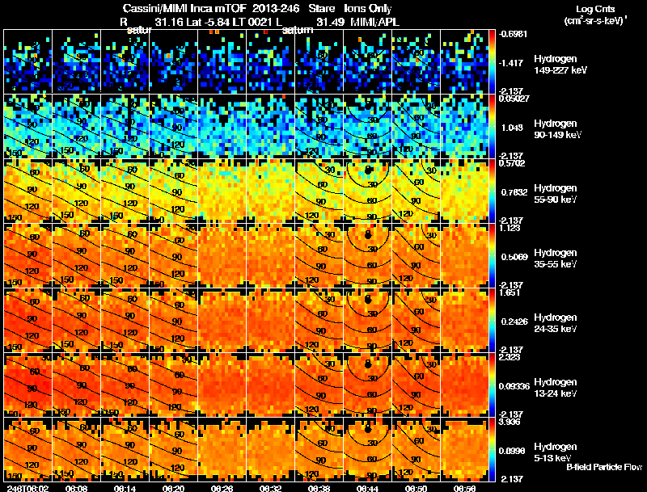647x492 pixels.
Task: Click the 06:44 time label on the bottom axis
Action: [369, 487]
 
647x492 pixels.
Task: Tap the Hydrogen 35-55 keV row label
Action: [556, 259]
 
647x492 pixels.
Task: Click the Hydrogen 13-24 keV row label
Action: [556, 387]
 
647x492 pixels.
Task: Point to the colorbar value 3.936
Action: [512, 421]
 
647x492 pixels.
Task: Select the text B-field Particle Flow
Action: [604, 467]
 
